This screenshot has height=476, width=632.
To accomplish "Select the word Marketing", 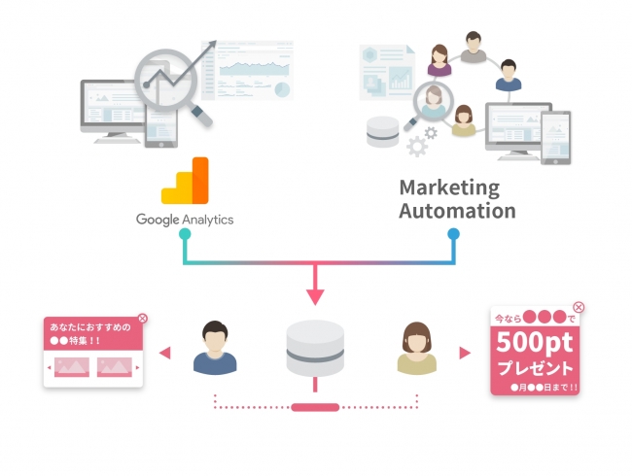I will click(448, 187).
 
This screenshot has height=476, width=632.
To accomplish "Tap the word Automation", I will click(457, 210).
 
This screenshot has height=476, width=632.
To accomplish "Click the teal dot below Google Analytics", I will click(185, 233).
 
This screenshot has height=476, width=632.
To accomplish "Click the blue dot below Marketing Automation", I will click(453, 233).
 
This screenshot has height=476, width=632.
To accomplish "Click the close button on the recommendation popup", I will click(143, 318).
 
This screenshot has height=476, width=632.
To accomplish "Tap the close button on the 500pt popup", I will click(579, 307).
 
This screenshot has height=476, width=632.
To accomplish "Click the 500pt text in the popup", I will click(537, 342).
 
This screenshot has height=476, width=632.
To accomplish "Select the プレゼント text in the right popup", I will click(537, 368).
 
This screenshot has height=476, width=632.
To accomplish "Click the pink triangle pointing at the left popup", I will click(165, 353).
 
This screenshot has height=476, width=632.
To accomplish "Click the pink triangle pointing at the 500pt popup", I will click(466, 353).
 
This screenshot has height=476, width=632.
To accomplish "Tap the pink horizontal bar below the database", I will click(315, 407).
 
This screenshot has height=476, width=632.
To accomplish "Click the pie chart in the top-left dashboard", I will click(282, 88).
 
